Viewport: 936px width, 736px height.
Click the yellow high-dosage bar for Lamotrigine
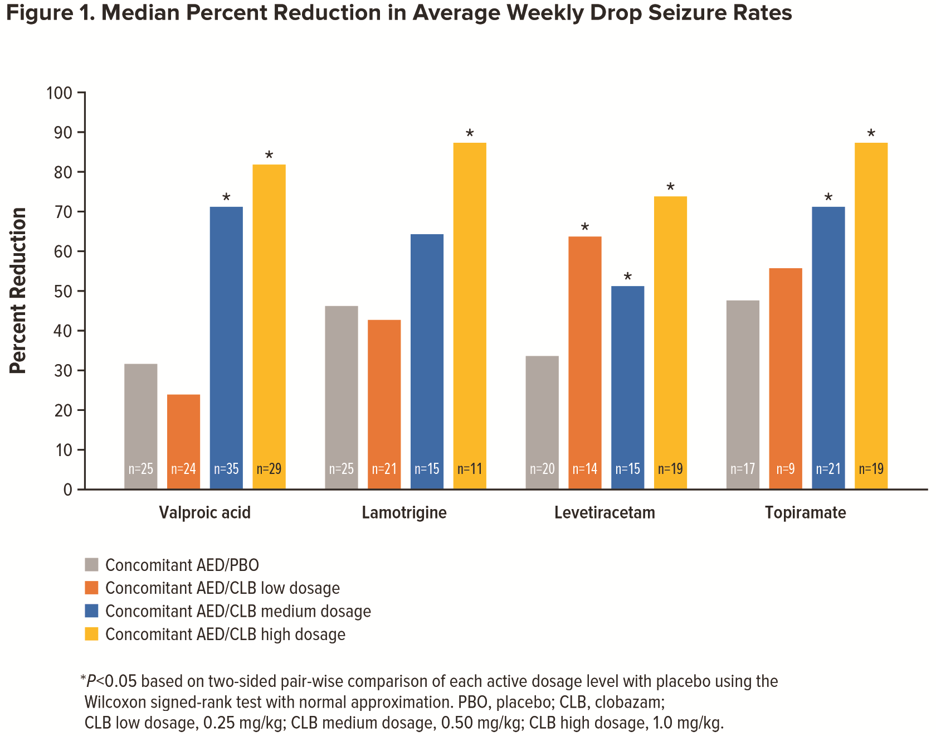coord(470,312)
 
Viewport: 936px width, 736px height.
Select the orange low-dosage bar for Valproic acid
coord(183,440)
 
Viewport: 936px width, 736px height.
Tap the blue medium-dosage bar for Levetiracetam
coord(627,385)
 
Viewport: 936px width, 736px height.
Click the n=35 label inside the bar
coord(226,469)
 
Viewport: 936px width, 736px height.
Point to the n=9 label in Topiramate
coord(786,469)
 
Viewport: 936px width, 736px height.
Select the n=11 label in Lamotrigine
coord(470,469)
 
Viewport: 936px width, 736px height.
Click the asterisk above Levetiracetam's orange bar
coord(584,227)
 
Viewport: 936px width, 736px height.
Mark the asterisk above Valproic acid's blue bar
coord(226,198)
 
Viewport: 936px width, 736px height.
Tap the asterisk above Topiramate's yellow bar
coord(871,134)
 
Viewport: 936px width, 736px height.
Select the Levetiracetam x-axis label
coord(604,512)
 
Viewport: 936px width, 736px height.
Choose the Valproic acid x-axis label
coord(204,512)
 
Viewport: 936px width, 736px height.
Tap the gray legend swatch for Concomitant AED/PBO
coord(91,565)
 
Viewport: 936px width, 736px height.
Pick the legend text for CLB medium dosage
coord(238,611)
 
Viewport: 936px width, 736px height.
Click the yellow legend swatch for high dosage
coord(91,634)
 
